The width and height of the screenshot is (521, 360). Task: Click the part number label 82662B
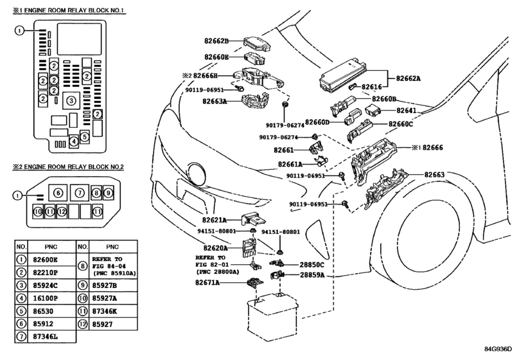(x=216, y=41)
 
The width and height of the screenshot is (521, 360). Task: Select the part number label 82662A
(x=409, y=78)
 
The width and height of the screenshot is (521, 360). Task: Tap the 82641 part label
(x=407, y=111)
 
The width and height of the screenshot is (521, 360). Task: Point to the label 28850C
(x=312, y=265)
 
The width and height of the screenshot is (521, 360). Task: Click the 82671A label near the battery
(x=208, y=283)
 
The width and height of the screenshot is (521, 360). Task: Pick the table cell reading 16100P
(x=45, y=298)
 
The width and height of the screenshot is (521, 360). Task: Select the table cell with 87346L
(x=45, y=336)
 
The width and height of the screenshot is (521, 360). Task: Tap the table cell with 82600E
(x=45, y=260)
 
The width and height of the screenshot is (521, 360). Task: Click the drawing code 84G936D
(x=498, y=348)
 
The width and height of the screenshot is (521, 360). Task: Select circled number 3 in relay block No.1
(x=71, y=100)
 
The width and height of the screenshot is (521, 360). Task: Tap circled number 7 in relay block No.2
(x=80, y=193)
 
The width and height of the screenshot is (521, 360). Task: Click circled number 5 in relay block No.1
(x=85, y=137)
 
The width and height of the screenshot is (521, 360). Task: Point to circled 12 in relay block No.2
(x=62, y=211)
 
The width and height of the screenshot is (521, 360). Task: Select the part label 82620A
(x=216, y=248)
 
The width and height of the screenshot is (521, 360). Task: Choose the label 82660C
(x=401, y=123)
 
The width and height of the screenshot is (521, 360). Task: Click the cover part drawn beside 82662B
(x=257, y=42)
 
